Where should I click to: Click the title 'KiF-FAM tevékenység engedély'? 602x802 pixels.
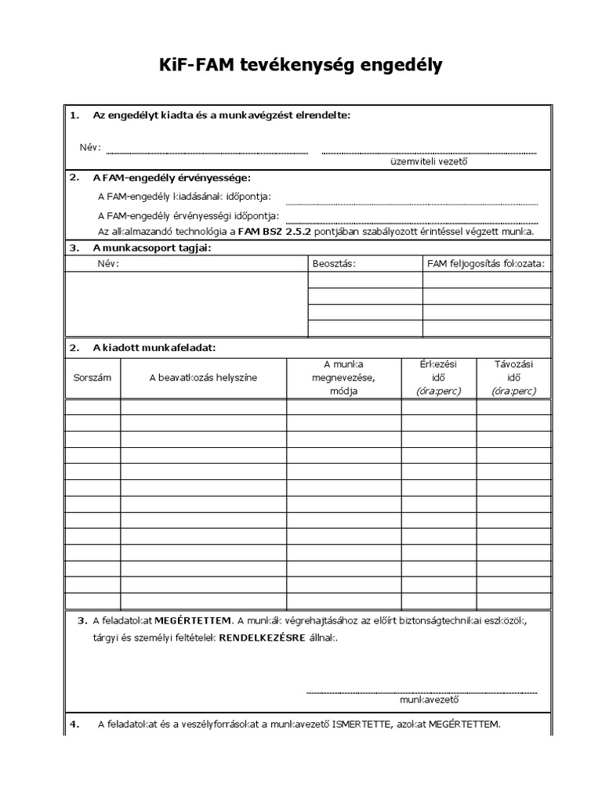pos(301,66)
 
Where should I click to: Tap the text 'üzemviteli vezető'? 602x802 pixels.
pos(429,162)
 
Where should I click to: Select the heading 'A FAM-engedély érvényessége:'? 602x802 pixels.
pos(171,178)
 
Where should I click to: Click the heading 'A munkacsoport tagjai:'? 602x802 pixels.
pos(152,248)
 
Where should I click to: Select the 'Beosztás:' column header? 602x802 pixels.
pos(334,264)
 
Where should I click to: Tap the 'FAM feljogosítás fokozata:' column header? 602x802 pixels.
pos(485,264)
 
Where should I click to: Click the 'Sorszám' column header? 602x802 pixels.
pos(92,378)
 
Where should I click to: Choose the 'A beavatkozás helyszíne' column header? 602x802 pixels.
pos(203,378)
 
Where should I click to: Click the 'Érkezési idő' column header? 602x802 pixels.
pos(438,378)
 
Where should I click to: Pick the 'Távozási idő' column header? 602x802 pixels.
pos(513,378)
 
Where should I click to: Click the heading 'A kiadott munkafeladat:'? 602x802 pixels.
pos(154,347)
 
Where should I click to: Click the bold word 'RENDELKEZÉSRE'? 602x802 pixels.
pos(261,638)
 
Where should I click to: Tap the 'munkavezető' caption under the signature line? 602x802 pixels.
pos(429,700)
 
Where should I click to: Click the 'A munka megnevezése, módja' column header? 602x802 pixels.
pos(343,378)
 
